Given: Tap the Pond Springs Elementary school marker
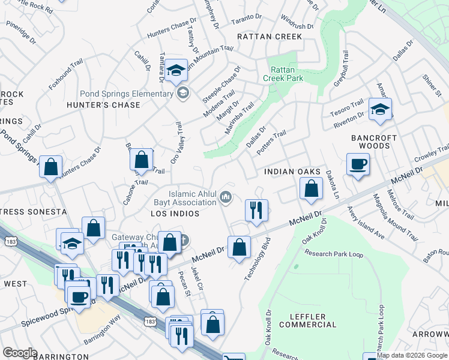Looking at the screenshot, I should point(182,93).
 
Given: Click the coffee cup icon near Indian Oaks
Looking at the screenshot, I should point(358,164).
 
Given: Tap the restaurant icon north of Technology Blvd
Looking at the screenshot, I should point(256,210).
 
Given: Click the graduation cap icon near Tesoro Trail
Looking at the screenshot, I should point(380,109).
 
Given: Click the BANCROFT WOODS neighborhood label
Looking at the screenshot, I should point(374,142).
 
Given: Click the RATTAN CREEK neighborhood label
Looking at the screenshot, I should point(270,37).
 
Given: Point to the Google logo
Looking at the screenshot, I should point(20,353).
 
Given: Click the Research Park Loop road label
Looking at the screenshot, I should point(334,254).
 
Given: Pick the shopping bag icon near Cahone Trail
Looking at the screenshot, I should point(141,160).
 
